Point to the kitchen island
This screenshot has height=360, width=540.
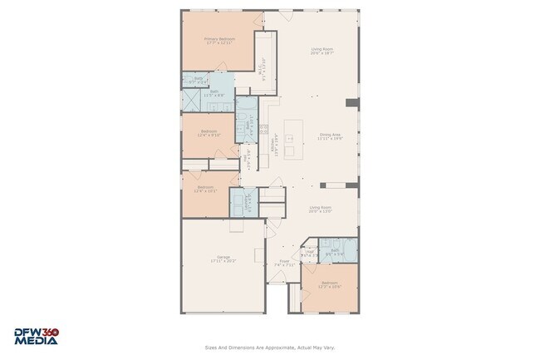click(292, 140)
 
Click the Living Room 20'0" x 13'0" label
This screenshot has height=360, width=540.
click(321, 210)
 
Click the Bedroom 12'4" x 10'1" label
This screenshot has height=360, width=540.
click(205, 190)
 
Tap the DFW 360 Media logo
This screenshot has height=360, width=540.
click(36, 336)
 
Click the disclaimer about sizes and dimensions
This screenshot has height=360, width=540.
click(270, 348)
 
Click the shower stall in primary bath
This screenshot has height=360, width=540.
click(190, 99)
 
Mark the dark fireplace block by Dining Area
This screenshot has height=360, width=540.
click(352, 103)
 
